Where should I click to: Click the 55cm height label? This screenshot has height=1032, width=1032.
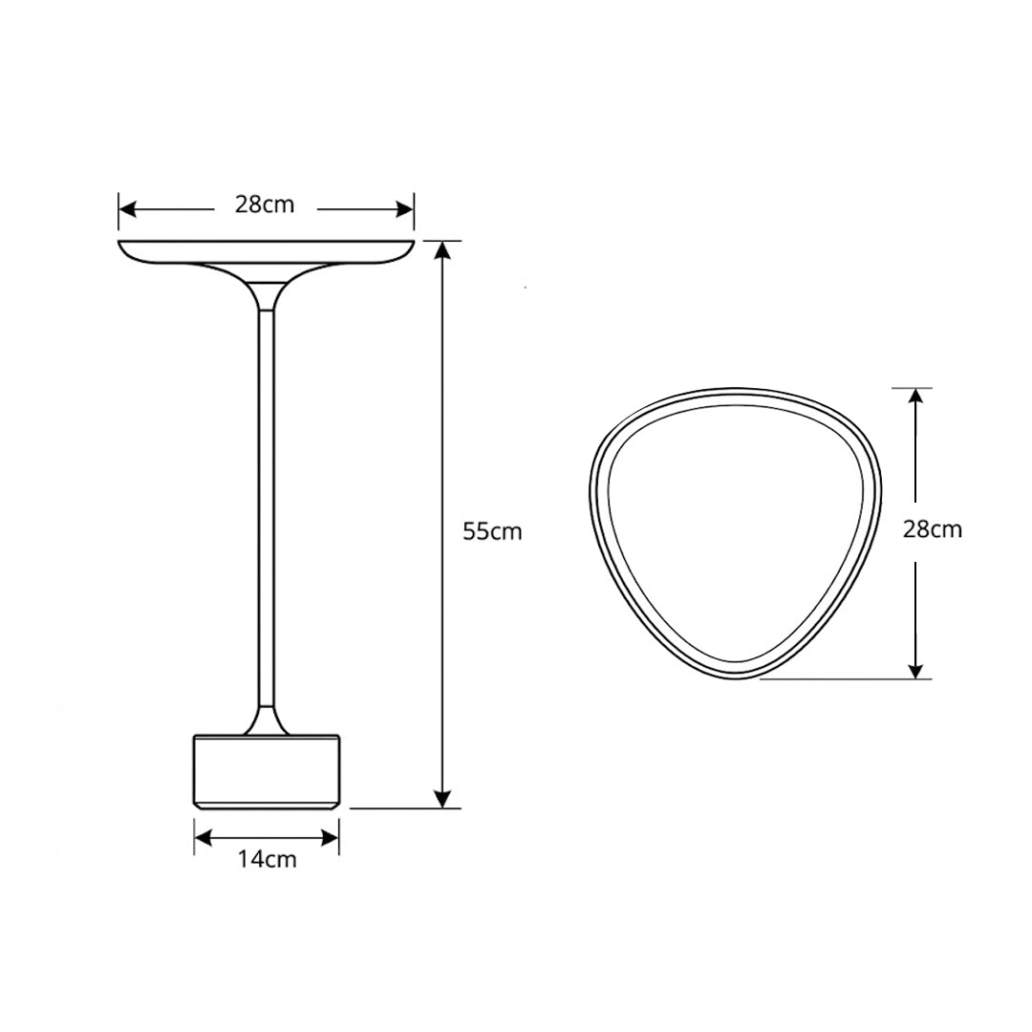(x=492, y=531)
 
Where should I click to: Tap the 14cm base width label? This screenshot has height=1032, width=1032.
(x=268, y=859)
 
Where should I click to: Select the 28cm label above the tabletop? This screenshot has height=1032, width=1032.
(x=265, y=204)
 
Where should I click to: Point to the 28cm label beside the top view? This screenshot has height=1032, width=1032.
(x=932, y=528)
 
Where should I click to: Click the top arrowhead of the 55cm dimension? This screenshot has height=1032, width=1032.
(x=443, y=250)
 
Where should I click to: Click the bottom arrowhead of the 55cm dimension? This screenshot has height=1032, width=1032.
(x=443, y=798)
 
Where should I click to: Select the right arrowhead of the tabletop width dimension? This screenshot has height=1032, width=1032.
(x=404, y=210)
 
